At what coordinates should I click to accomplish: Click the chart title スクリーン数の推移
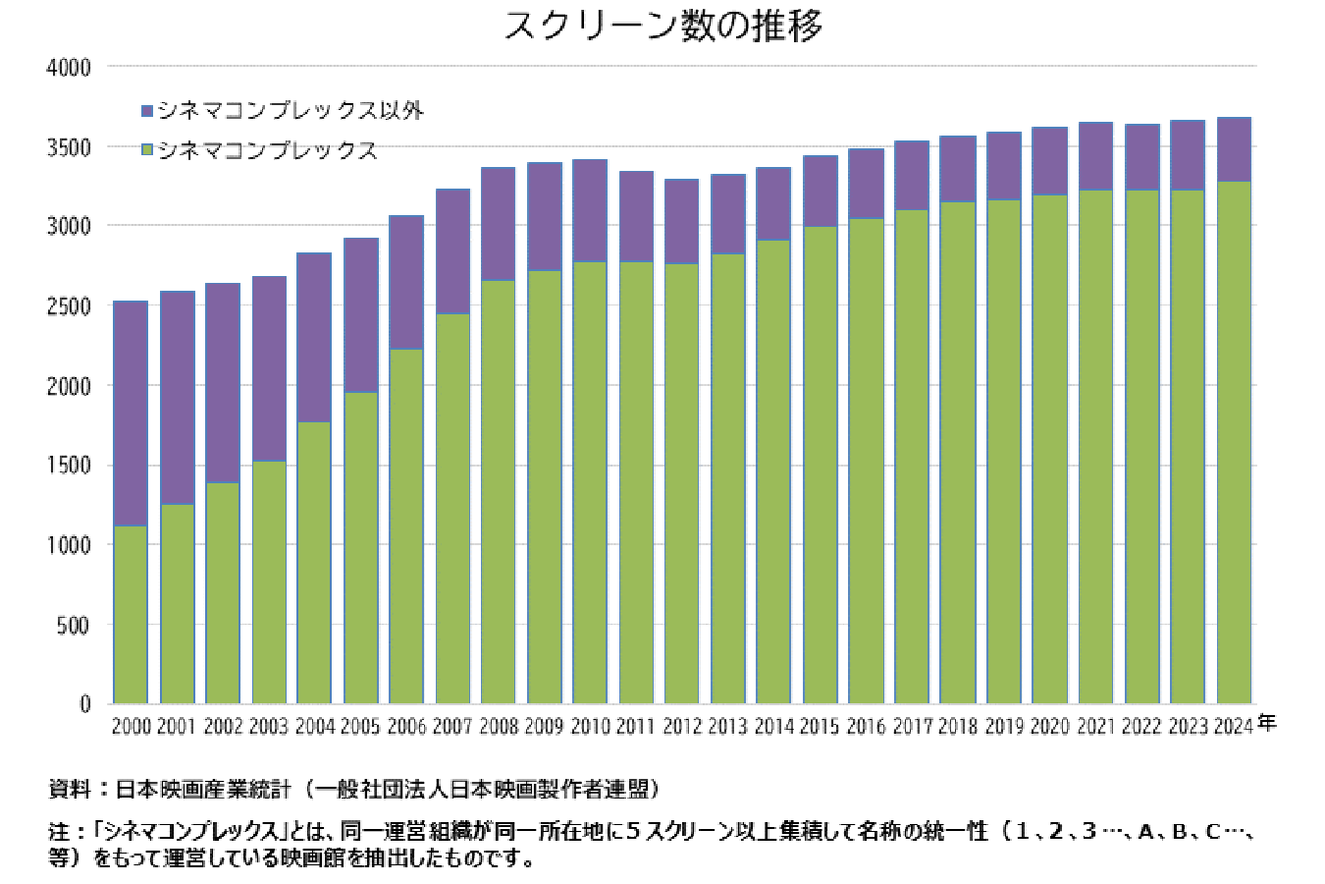[x=663, y=26]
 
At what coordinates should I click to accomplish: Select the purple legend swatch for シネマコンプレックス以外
[x=148, y=110]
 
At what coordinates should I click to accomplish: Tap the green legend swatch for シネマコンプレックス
[x=148, y=150]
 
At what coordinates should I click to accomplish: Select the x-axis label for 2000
[x=132, y=726]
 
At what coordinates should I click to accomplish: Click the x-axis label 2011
[x=636, y=726]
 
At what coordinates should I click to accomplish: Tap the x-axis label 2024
[x=1234, y=726]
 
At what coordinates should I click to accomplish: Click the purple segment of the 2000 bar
[x=132, y=413]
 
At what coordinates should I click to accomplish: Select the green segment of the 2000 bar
[x=132, y=614]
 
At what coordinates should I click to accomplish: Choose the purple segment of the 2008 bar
[x=499, y=224]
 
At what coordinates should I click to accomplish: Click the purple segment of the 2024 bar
[x=1234, y=149]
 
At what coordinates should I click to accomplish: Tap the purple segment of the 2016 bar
[x=866, y=184]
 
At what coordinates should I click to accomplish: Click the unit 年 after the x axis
[x=1267, y=723]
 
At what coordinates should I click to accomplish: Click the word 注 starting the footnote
[x=57, y=831]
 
